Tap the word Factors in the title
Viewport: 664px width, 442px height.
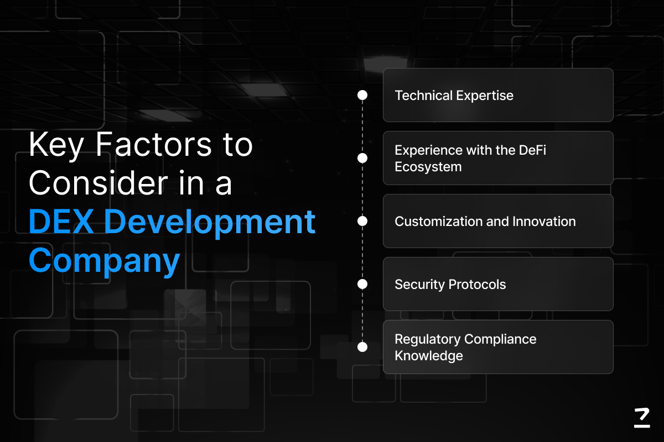point(154,144)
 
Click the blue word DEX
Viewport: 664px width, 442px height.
point(61,221)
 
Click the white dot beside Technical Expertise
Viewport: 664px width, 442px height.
point(362,95)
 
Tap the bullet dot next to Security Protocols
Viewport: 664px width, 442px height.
point(362,284)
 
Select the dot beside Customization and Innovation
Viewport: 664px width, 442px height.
point(362,221)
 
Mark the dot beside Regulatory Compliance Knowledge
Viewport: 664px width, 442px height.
point(362,347)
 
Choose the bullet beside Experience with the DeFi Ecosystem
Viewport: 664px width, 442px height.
point(362,158)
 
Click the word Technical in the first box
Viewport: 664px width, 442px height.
point(424,96)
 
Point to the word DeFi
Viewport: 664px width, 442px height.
point(533,150)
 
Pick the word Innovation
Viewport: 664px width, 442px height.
point(544,222)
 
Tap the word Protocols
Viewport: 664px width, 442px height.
point(477,285)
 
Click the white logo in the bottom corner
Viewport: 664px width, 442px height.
point(642,418)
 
